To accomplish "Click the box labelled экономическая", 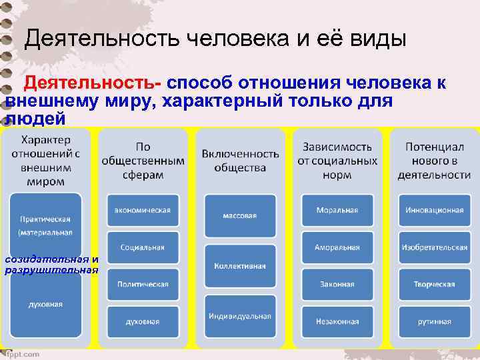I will [x=143, y=210].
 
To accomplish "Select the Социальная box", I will [x=143, y=247].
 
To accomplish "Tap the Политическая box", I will [x=143, y=284].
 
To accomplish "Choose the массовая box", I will [x=240, y=215].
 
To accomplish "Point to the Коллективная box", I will [x=240, y=265].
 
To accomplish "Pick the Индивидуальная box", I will [x=240, y=316].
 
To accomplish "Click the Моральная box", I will [x=337, y=210].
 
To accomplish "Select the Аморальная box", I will [x=337, y=247].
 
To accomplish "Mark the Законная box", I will [x=337, y=284].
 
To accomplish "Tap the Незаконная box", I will [x=337, y=321].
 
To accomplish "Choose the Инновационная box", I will [x=435, y=210].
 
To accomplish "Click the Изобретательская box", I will [x=435, y=247].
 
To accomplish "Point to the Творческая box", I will [x=435, y=284].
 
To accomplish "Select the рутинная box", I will [x=435, y=321].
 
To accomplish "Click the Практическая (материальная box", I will [x=45, y=224].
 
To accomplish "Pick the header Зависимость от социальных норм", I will [x=337, y=160].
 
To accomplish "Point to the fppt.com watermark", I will [x=23, y=354].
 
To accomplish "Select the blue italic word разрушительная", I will [x=51, y=270].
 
